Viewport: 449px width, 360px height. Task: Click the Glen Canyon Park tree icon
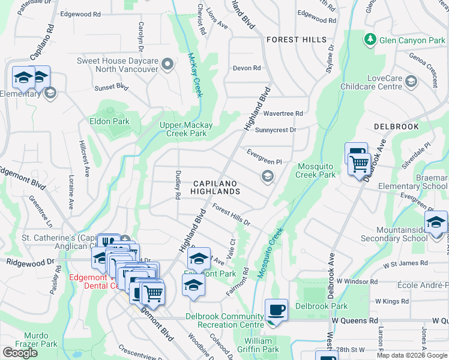coord(370,40)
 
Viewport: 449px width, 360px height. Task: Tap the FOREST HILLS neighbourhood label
coord(297,40)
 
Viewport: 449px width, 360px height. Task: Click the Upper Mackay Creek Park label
coord(185,129)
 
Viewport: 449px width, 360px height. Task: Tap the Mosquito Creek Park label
coord(315,170)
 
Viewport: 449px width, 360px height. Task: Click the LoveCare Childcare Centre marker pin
coord(411,82)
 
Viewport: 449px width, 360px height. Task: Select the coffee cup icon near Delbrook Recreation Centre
coord(276,310)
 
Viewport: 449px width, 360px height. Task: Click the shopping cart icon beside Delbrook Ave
coord(359,163)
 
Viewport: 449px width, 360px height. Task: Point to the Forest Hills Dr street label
coord(231,215)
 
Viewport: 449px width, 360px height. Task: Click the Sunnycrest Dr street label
coord(276,130)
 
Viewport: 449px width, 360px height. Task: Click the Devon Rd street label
coord(247,68)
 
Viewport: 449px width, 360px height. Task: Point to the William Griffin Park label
coord(262,345)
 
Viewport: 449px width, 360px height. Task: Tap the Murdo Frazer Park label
coord(41,340)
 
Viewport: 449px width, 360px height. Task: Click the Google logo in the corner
coord(20,353)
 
